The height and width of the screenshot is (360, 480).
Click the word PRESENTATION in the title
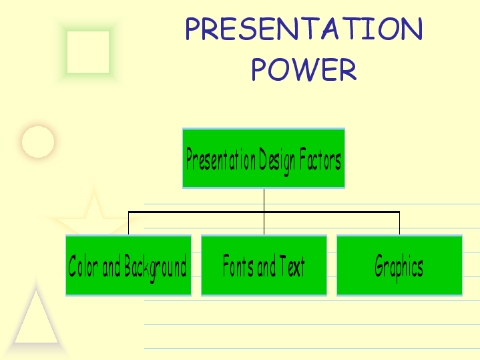click(304, 29)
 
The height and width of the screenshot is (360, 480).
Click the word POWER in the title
click(304, 69)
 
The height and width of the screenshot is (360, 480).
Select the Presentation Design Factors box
click(264, 158)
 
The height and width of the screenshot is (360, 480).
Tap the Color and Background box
click(129, 265)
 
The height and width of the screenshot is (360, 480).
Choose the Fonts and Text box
click(264, 265)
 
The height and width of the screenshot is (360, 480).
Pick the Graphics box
click(399, 265)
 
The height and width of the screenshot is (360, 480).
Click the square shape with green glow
click(88, 52)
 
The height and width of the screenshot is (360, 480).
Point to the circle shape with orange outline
click(38, 142)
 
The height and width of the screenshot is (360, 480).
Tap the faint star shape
click(93, 214)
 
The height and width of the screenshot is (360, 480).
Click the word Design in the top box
click(277, 160)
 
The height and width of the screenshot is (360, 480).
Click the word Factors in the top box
click(320, 159)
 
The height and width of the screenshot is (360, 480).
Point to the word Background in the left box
click(155, 267)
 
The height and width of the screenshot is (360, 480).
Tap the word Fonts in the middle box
click(238, 265)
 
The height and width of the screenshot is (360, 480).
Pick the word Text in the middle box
click(292, 266)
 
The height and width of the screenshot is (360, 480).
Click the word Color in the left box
click(83, 266)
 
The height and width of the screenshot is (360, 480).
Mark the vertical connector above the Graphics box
click(399, 223)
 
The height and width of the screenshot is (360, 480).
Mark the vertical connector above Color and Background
click(129, 223)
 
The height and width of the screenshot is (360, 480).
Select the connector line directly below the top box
click(264, 212)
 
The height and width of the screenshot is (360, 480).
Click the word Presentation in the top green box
click(221, 159)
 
